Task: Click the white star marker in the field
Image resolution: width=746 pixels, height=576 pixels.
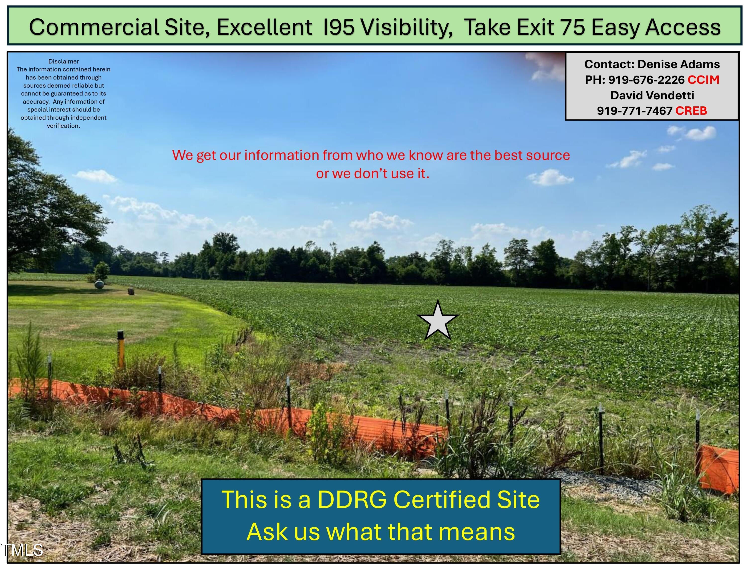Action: click(x=438, y=321)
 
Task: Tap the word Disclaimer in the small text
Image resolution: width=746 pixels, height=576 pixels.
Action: click(x=63, y=61)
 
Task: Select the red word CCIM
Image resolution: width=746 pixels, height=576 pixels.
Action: click(x=703, y=80)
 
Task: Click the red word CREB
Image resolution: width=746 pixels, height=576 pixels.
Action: click(x=691, y=111)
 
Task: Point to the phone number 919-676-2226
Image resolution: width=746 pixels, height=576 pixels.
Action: click(x=646, y=80)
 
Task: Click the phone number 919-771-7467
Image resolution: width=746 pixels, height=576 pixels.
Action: click(x=635, y=111)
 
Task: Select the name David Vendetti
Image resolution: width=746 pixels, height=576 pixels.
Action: click(x=652, y=95)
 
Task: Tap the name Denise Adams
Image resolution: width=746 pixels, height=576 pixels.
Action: click(x=679, y=64)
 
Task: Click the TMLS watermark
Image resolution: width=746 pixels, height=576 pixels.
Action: click(x=23, y=550)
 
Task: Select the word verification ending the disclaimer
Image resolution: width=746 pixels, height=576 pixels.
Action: click(x=63, y=125)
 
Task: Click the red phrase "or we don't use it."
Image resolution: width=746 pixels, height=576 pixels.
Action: click(x=373, y=173)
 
